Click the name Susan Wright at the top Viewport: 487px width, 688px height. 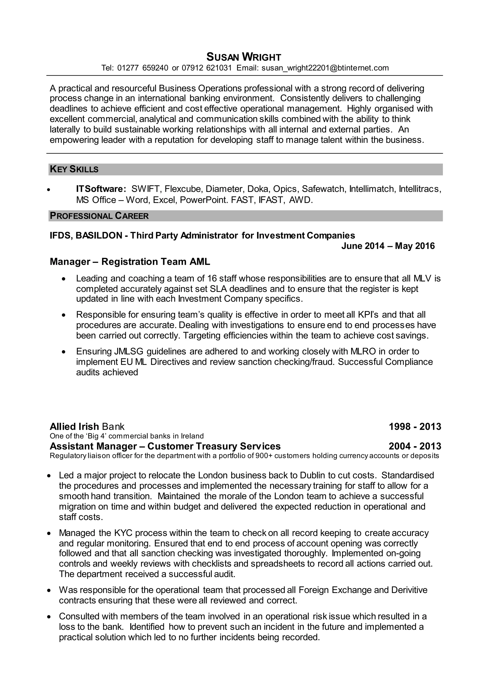(x=243, y=57)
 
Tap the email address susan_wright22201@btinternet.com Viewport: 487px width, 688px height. (x=325, y=68)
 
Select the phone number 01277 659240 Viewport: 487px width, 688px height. (x=143, y=68)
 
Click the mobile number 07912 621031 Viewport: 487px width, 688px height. (x=207, y=68)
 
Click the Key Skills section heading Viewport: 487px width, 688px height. (x=74, y=169)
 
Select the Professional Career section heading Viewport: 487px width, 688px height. (x=99, y=216)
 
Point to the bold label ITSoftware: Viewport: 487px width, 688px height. (x=101, y=189)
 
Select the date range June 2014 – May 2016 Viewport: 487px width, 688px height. (x=388, y=246)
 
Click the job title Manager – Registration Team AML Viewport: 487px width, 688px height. (x=130, y=262)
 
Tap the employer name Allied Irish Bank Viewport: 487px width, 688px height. (x=87, y=426)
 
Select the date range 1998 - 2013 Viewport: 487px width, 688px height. (x=415, y=426)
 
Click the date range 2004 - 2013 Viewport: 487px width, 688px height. (x=415, y=446)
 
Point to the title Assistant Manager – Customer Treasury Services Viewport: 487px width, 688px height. (x=165, y=446)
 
